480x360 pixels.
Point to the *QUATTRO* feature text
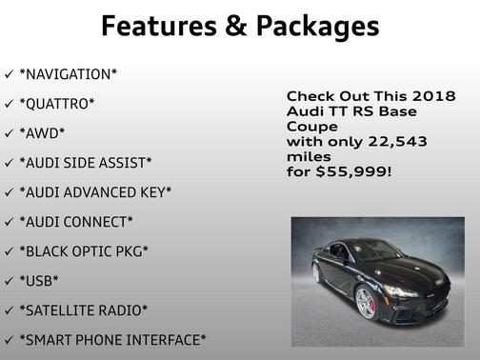(x=57, y=103)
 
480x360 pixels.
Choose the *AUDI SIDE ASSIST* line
(x=86, y=162)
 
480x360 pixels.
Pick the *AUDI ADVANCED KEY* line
(x=95, y=191)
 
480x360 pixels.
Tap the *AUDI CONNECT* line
(x=76, y=221)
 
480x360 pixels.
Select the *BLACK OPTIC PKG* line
(x=84, y=250)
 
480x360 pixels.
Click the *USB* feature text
(x=39, y=280)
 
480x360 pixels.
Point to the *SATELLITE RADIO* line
(x=84, y=310)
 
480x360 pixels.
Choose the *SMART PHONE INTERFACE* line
(x=111, y=339)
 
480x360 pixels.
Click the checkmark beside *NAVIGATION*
(x=9, y=73)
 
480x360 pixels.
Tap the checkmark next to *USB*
(x=9, y=280)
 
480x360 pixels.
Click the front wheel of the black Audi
(x=366, y=303)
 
